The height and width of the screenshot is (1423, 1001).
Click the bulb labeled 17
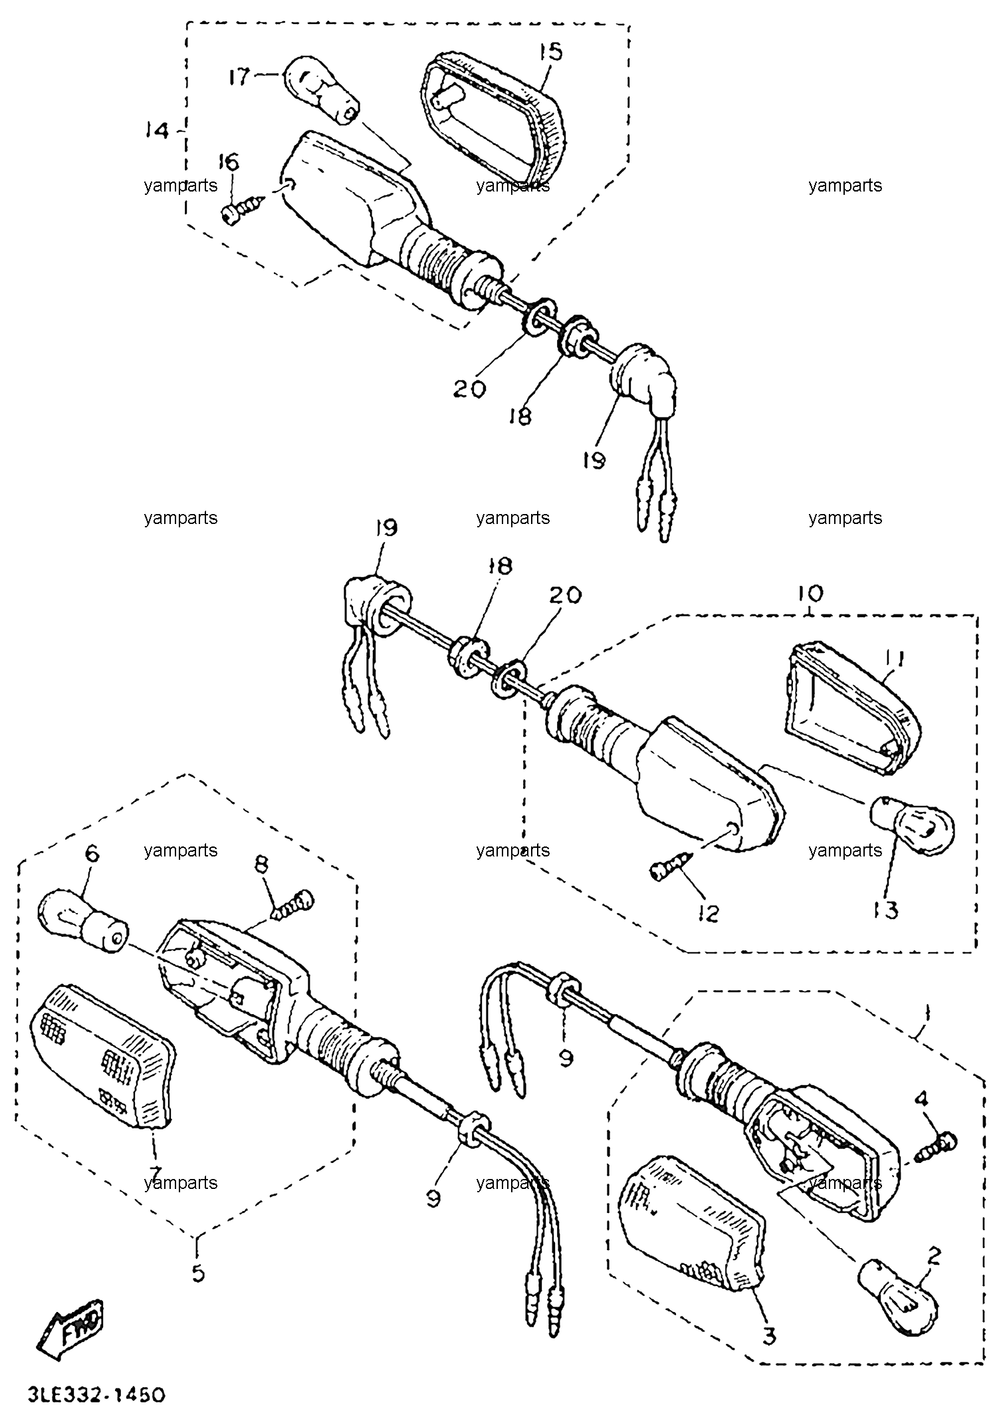click(320, 91)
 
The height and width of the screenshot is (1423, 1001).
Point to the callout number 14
click(157, 131)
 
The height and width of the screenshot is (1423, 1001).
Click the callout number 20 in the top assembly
click(469, 388)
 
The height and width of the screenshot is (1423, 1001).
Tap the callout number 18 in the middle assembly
click(499, 566)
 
